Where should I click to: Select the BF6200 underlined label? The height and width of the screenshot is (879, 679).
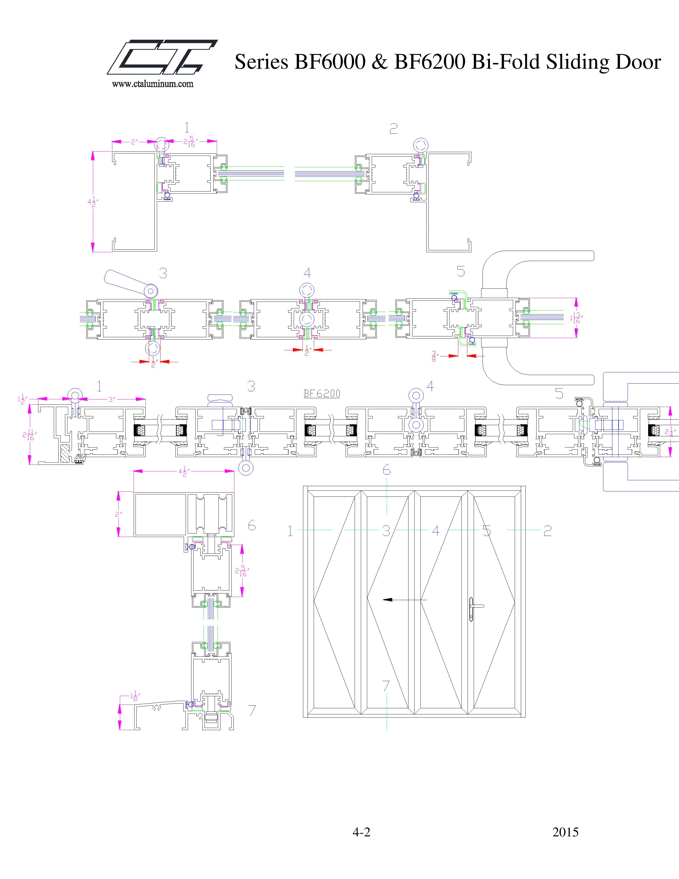click(321, 394)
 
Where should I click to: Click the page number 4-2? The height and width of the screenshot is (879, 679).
click(361, 832)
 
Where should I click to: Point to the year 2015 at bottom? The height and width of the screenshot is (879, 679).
click(565, 832)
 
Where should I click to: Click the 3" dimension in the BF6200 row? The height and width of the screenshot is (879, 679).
click(112, 399)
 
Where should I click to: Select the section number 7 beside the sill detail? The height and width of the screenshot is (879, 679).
click(252, 711)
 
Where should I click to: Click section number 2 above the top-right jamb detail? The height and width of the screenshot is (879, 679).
click(393, 129)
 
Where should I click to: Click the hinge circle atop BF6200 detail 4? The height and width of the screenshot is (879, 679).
click(416, 394)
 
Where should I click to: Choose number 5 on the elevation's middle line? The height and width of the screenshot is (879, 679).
click(487, 531)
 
